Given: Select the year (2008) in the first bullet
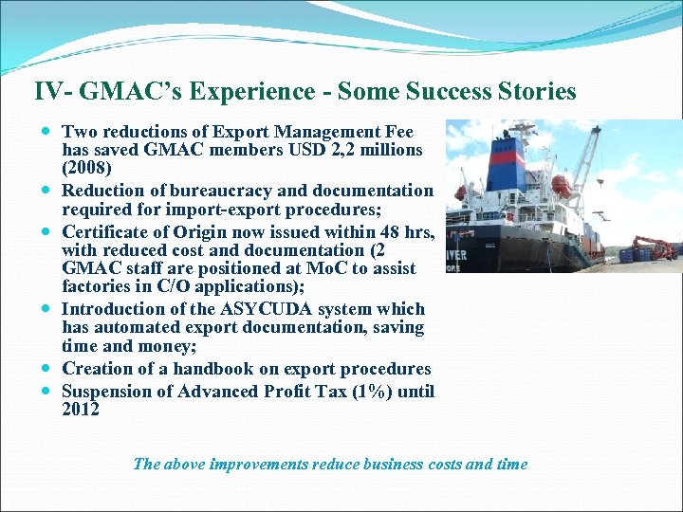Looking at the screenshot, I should (x=86, y=169).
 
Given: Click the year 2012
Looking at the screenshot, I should (x=81, y=410).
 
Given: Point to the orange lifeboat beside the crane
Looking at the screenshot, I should (x=561, y=184).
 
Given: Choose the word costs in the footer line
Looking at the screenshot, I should (x=440, y=464).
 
